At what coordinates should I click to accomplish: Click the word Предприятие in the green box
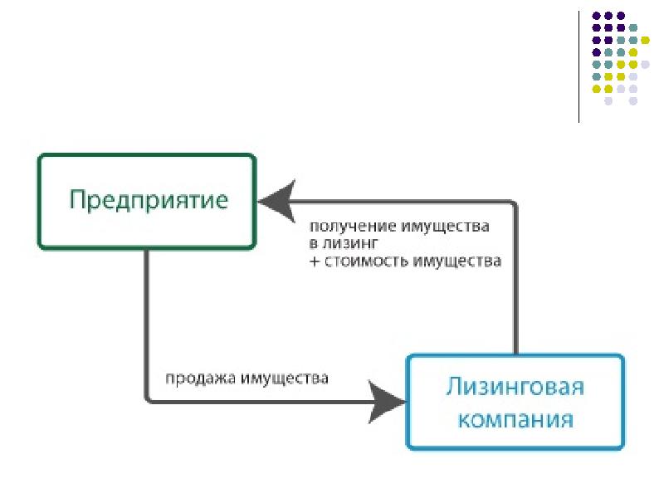click(x=147, y=201)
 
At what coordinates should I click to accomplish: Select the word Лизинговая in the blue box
click(x=515, y=387)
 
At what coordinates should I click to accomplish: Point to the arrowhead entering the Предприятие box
click(x=273, y=201)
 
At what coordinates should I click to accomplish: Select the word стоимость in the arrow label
click(x=368, y=261)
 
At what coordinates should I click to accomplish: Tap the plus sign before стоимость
click(x=315, y=261)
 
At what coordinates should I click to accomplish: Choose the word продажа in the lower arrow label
click(x=200, y=378)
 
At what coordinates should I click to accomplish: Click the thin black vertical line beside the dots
click(x=579, y=66)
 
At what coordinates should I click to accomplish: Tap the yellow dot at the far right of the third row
click(x=646, y=39)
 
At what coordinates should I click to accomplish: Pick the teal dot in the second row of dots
click(x=633, y=27)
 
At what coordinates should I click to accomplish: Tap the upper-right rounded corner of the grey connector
click(x=512, y=205)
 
